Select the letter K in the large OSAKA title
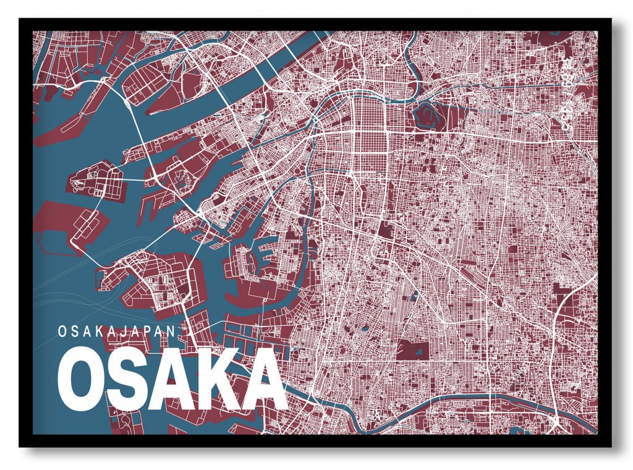click(x=213, y=382)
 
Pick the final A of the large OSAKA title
click(x=261, y=382)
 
